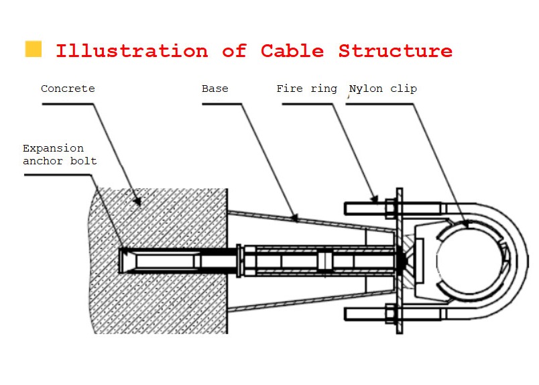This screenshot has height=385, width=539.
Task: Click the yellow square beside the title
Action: tap(33, 49)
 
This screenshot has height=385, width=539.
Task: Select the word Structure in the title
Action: tap(395, 51)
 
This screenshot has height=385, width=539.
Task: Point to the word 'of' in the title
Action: tap(235, 51)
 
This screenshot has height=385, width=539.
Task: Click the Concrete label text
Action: tap(68, 89)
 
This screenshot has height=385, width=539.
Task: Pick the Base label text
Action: tap(215, 89)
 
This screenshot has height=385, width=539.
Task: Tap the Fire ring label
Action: tap(306, 89)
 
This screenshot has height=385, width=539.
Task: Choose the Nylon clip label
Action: tap(383, 89)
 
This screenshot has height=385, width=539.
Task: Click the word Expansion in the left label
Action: tap(54, 148)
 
